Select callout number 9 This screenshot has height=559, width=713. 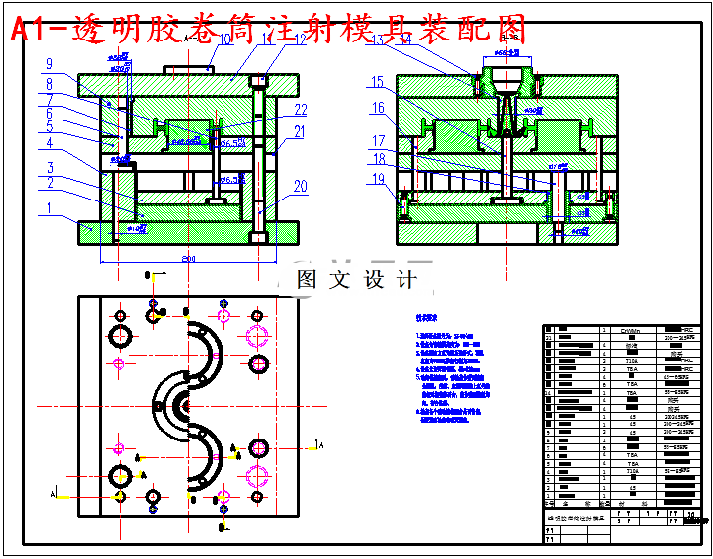pos(48,65)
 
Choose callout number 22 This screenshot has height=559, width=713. pos(301,110)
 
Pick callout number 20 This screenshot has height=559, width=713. pos(300,186)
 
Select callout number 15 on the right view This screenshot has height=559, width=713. pos(377,82)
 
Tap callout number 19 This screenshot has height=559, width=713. pos(377,178)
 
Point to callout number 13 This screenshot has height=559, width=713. pos(376,40)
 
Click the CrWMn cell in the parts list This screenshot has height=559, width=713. pos(630,331)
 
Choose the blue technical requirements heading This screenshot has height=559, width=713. pos(433,319)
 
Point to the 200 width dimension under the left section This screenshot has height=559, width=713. pos(188,259)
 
